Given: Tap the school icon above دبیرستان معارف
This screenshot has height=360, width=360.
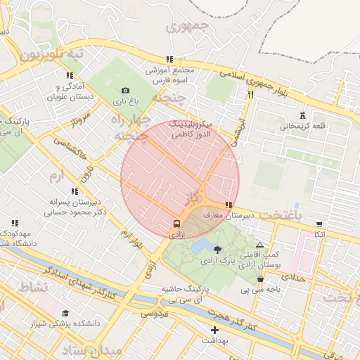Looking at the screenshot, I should coord(227,204).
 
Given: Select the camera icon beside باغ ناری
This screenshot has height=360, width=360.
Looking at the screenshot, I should coord(125,90).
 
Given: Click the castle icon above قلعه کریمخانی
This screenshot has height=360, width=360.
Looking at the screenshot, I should coord(303,115).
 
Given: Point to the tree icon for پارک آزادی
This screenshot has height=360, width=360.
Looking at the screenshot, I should coord(217,249).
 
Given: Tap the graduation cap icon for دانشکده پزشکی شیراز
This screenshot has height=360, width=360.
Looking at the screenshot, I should coord(65,314).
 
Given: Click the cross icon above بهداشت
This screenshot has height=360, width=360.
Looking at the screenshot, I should coord(214,330).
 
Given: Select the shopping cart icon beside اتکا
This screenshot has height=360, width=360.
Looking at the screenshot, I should coord(319,223).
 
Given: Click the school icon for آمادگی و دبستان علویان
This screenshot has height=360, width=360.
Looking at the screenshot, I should coord(69,75).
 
